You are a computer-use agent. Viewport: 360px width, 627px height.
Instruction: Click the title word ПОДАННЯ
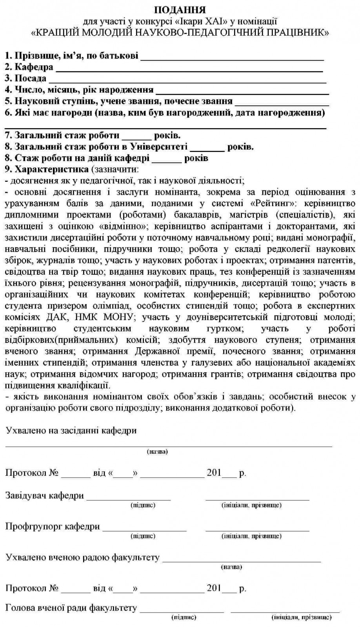[x=180, y=9]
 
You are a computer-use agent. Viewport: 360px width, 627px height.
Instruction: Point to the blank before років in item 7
[x=136, y=139]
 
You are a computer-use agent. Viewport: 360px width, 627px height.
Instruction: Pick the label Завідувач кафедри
[x=45, y=496]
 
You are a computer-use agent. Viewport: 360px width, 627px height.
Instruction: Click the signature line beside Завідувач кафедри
[x=129, y=499]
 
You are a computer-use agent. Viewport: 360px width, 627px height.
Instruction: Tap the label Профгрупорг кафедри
[x=53, y=526]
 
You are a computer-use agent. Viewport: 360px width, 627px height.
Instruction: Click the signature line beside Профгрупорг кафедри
[x=144, y=530]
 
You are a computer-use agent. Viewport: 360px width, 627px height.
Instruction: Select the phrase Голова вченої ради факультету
[x=71, y=608]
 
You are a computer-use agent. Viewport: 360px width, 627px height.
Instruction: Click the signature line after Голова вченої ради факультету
[x=182, y=611]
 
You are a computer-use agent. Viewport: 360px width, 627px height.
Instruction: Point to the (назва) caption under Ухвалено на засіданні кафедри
[x=157, y=451]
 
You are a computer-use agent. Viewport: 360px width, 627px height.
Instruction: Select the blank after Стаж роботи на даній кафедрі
[x=167, y=161]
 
